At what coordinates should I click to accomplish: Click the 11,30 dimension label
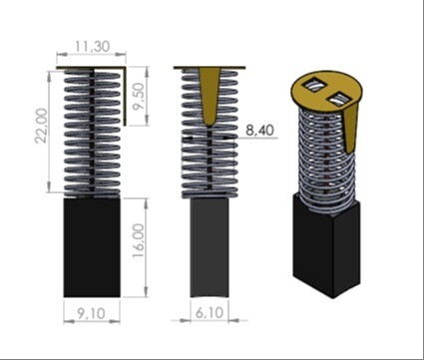92,46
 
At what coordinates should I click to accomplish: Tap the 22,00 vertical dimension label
42,126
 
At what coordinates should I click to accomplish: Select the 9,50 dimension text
139,96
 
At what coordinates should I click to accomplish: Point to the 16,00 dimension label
139,240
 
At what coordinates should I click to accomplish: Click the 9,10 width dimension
91,313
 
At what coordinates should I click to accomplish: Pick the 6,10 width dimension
210,313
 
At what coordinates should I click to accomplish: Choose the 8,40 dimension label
259,130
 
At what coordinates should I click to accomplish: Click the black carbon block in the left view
92,247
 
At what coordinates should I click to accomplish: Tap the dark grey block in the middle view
210,247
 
